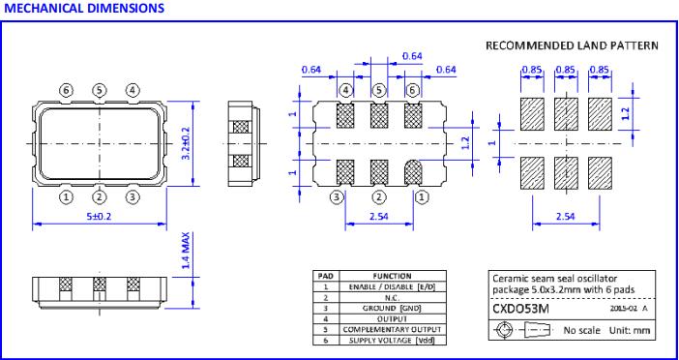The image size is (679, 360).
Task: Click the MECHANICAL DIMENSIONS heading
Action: click(x=83, y=8)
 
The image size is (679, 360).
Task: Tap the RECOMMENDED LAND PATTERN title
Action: click(x=572, y=45)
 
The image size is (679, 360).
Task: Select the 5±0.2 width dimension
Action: click(x=99, y=216)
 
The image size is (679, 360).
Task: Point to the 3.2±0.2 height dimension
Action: click(x=187, y=143)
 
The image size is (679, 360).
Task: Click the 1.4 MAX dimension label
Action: click(x=187, y=251)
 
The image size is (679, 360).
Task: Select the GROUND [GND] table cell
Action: click(x=392, y=309)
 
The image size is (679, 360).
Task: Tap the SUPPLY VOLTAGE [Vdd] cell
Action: click(x=392, y=341)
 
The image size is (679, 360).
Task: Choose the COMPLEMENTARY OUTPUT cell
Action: click(x=392, y=330)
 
